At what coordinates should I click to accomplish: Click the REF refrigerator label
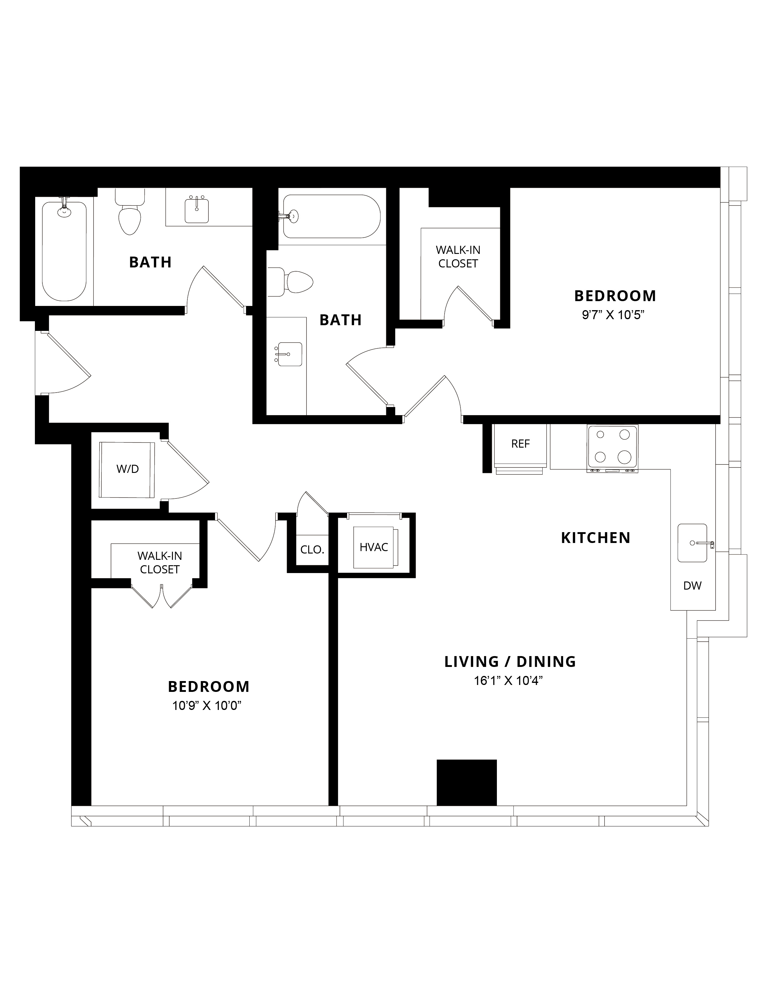click(x=521, y=444)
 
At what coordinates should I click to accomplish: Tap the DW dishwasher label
click(x=692, y=586)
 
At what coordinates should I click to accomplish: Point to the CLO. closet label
click(x=312, y=550)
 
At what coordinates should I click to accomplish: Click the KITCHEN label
click(x=596, y=538)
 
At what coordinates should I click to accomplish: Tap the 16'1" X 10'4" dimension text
click(x=509, y=681)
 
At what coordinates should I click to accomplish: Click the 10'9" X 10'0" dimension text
click(x=206, y=706)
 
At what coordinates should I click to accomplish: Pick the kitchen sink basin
click(x=692, y=543)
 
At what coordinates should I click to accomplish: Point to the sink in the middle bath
click(x=288, y=354)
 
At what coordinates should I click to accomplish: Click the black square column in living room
click(x=467, y=782)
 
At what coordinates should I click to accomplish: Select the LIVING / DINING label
click(x=510, y=661)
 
